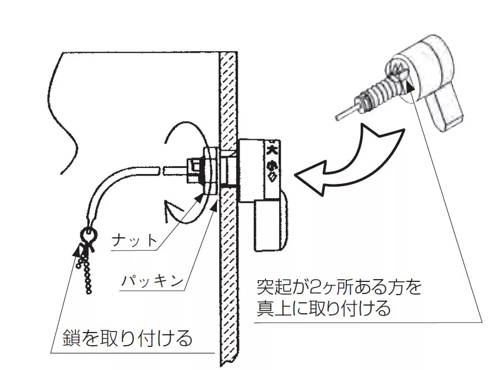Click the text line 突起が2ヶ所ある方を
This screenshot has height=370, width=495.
[339, 287]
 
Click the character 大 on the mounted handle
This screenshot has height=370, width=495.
[272, 149]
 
